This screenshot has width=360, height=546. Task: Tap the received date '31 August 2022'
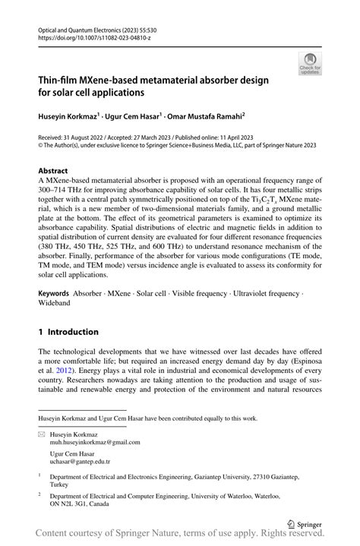point(91,138)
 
